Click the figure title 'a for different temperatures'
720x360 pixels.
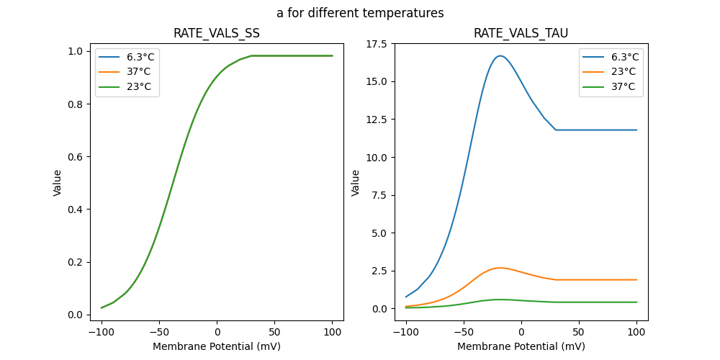click(360, 13)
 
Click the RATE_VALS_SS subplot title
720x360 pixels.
click(217, 33)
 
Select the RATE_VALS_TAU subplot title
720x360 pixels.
click(521, 33)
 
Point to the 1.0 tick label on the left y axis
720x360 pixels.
click(73, 51)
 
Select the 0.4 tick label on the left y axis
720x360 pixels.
click(73, 210)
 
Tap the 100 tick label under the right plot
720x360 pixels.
click(636, 332)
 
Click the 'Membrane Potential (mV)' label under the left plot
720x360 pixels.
click(217, 346)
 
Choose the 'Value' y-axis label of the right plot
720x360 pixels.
click(356, 183)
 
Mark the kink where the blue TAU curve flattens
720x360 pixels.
click(556, 130)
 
